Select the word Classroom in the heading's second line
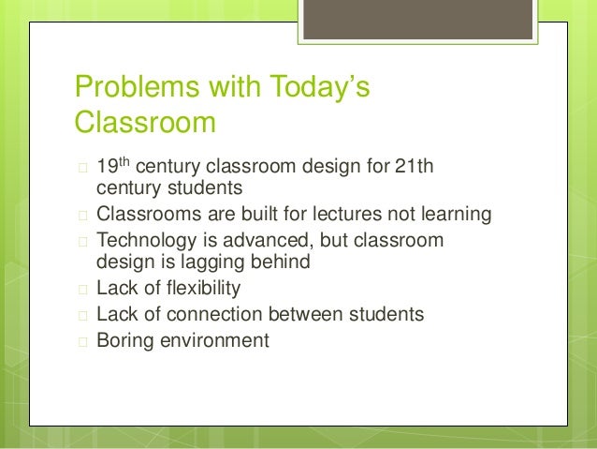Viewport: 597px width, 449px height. click(x=145, y=124)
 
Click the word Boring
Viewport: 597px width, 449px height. click(x=125, y=340)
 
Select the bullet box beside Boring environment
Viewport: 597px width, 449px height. click(x=81, y=341)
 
